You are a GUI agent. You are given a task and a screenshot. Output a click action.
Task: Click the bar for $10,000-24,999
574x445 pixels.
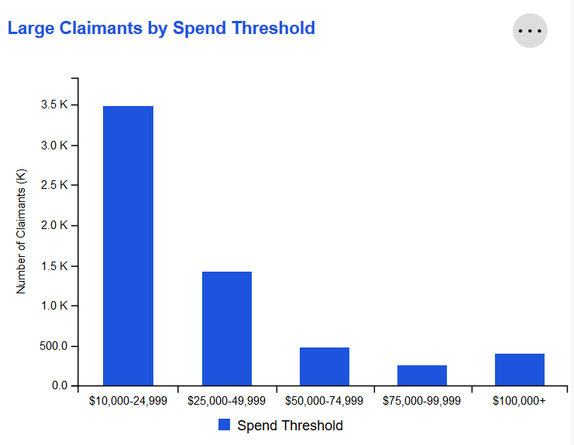[128, 245]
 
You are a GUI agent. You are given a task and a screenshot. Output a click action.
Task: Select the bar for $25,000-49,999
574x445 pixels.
[226, 328]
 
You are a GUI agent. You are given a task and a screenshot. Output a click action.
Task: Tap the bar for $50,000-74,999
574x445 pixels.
[324, 366]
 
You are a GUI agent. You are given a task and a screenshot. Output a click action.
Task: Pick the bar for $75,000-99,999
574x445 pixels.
[422, 375]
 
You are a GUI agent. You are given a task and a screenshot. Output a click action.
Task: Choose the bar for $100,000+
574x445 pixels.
[520, 369]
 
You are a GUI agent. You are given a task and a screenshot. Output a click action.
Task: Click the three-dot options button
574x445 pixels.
[530, 31]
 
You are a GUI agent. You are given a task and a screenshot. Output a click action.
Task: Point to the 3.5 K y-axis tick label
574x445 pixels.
[53, 104]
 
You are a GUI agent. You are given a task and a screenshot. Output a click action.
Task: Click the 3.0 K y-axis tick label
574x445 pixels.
[53, 145]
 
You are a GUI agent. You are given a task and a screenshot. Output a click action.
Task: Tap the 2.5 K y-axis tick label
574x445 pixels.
[53, 185]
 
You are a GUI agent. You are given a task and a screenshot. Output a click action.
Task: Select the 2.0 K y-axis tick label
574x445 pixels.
[53, 225]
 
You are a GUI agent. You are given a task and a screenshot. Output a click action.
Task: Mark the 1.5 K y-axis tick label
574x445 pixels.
[53, 265]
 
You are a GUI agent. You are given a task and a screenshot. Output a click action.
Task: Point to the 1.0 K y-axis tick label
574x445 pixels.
[53, 305]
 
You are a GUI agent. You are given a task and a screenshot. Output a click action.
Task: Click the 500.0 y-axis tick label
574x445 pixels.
[51, 345]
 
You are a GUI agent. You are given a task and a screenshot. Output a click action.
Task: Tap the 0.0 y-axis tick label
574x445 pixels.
[59, 385]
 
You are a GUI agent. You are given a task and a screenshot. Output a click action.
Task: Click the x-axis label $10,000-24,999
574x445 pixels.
[128, 401]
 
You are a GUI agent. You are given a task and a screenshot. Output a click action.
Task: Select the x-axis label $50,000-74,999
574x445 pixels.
[324, 401]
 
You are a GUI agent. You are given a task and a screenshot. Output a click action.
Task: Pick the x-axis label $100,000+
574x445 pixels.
[520, 401]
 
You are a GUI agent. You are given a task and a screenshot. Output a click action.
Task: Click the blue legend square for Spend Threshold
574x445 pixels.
[225, 425]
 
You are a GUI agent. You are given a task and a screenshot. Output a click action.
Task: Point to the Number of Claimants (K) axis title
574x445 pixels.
[21, 231]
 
